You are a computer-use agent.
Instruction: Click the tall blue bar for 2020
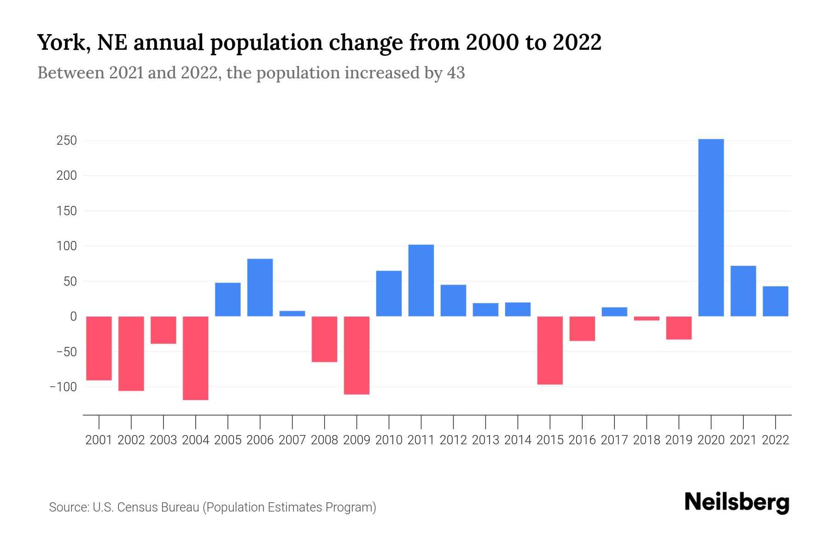coord(711,228)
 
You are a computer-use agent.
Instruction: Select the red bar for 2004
coord(196,358)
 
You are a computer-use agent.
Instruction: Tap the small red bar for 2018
coord(646,318)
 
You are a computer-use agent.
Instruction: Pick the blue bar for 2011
coord(421,281)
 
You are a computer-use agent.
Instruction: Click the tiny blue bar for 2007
coord(292,314)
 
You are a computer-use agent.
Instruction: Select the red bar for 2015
coord(550,350)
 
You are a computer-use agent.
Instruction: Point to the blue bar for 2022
coord(775,301)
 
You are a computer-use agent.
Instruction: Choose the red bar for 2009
coord(356,355)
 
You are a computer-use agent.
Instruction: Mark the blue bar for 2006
coord(260,288)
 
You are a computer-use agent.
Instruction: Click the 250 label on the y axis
coord(66,141)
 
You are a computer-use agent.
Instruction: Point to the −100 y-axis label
coord(63,387)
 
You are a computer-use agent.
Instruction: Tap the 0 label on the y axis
coord(73,317)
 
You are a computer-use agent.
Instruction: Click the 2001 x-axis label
coord(99,440)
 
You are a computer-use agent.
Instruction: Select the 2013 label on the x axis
coord(485,440)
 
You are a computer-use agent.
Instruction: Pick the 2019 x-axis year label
coord(678,440)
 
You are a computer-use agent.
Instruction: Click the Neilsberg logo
coord(737,503)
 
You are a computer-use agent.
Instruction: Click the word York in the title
coord(58,43)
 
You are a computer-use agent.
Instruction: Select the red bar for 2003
coord(163,330)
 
